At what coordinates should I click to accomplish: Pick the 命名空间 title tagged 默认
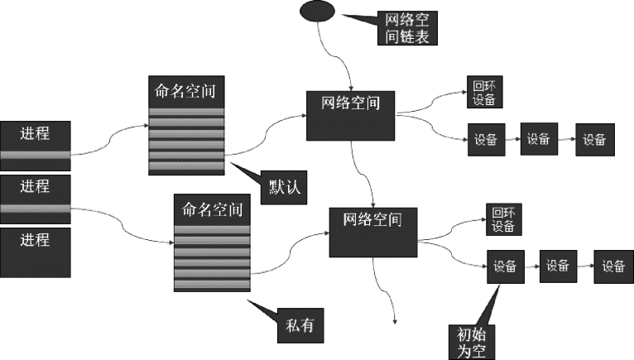click(185, 89)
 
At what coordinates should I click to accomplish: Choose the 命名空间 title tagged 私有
click(211, 207)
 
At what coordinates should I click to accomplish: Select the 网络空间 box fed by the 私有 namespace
click(372, 231)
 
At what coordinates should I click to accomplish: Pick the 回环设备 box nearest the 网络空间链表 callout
click(484, 92)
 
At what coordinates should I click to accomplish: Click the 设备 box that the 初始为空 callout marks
click(505, 266)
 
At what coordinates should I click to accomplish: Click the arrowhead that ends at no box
click(395, 320)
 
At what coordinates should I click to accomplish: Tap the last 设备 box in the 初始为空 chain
click(612, 266)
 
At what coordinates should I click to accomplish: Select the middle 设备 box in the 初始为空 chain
click(557, 266)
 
